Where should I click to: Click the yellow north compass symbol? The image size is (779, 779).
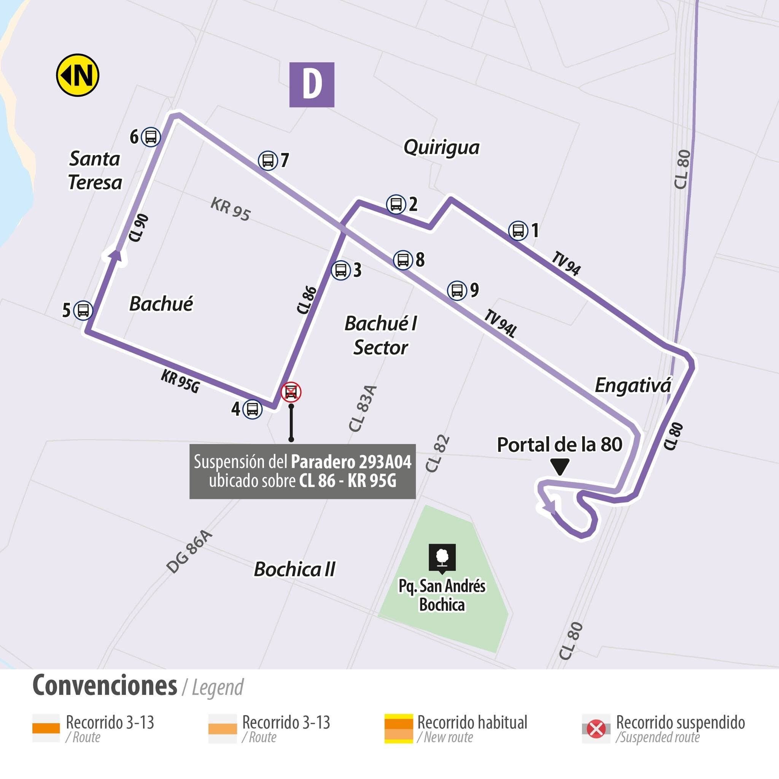78,75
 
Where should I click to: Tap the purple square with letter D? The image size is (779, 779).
312,85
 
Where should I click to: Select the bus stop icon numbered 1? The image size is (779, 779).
518,231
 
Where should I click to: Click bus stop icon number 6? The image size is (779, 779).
151,137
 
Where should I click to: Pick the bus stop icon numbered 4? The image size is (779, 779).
253,409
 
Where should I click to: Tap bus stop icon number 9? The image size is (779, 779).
457,290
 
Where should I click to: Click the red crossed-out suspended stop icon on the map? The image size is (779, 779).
291,392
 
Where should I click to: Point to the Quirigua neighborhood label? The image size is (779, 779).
441,148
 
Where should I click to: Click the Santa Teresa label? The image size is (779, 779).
95,170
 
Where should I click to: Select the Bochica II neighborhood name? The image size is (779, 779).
294,569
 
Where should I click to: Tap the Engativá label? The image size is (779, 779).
633,385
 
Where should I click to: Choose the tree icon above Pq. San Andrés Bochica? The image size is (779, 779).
442,557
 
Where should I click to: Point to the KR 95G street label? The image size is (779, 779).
180,381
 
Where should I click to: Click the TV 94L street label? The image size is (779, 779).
500,323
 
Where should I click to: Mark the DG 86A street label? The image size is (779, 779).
189,552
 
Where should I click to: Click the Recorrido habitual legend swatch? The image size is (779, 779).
398,728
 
